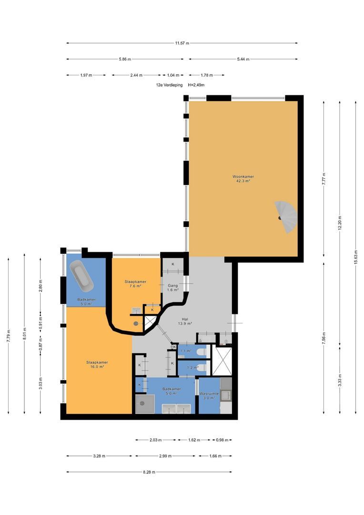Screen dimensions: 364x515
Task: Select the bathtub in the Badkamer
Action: (x=82, y=275)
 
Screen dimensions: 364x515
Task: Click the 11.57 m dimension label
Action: (x=182, y=43)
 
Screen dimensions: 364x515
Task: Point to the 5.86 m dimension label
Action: (x=125, y=59)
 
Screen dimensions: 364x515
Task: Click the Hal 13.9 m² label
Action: (x=185, y=321)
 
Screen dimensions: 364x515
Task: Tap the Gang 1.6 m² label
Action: (x=172, y=288)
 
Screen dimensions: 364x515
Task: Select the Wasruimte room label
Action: (x=209, y=393)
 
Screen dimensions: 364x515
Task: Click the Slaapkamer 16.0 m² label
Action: (x=97, y=365)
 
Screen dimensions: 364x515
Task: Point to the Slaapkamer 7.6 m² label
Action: (x=135, y=284)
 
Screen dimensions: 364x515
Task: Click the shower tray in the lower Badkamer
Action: (x=145, y=404)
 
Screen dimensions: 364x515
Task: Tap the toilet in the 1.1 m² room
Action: (x=201, y=352)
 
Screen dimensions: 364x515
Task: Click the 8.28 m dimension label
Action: (x=149, y=472)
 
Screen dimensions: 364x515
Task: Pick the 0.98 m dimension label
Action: (x=222, y=440)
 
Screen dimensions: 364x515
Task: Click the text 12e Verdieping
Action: (x=169, y=85)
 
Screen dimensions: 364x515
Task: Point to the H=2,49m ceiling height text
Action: (x=196, y=85)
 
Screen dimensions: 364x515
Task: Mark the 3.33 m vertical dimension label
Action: (x=340, y=381)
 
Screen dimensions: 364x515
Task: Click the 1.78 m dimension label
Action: (x=206, y=75)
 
